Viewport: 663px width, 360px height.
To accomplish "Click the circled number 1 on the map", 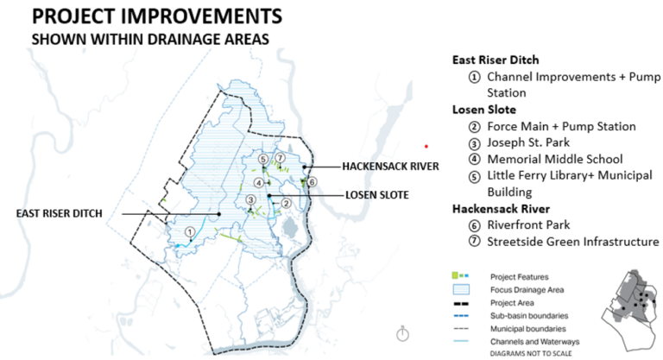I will tap(189, 231).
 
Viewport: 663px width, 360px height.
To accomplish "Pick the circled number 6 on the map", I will tap(313, 180).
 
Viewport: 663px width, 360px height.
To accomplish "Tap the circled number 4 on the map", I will tap(257, 182).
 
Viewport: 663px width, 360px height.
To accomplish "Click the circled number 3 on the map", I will tap(250, 200).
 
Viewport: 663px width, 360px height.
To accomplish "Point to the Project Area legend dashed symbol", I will tap(464, 303).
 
